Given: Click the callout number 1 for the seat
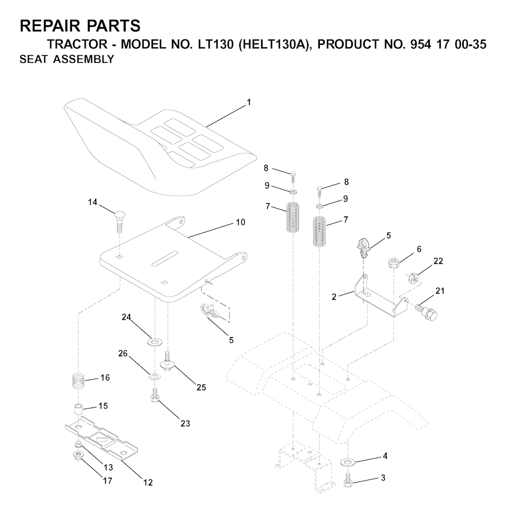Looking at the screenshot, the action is tap(249, 102).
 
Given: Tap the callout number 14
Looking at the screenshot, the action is tap(93, 202).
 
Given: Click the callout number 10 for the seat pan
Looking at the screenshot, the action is tap(241, 222).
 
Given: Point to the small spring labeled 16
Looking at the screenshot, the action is tap(78, 381).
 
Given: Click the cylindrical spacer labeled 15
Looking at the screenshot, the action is tap(78, 410).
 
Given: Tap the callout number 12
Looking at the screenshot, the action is tap(148, 483).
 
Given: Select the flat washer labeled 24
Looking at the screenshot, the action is tap(154, 341).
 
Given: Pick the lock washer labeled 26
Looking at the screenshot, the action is tap(154, 377).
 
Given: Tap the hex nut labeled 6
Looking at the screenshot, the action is tap(393, 264).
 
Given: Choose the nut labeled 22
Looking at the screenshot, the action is tap(414, 277).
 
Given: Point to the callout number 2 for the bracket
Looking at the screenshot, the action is tap(334, 297).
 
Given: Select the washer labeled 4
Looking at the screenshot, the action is tap(347, 461).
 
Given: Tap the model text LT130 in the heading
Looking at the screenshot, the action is tap(213, 44).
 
